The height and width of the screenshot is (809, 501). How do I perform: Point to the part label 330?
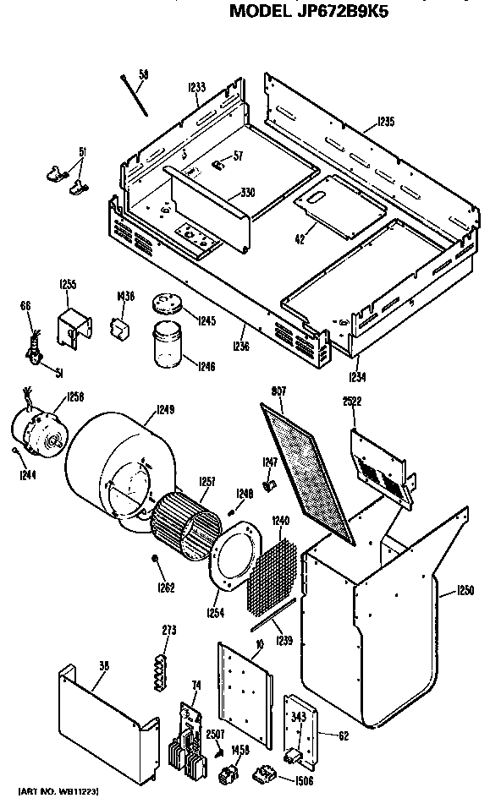[246, 193]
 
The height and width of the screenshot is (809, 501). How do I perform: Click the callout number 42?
[300, 240]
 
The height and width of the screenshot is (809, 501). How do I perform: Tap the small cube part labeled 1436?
[121, 325]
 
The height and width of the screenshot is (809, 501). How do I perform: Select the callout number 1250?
[465, 590]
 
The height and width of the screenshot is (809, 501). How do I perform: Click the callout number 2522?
[352, 402]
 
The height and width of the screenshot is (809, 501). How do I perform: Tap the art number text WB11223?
[58, 790]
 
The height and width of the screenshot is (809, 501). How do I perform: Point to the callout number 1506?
[304, 780]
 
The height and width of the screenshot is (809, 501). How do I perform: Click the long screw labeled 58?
[134, 96]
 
